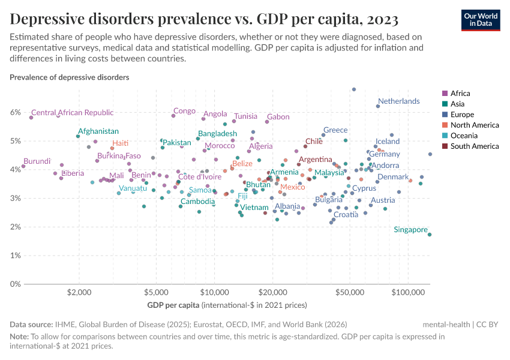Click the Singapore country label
click(x=411, y=230)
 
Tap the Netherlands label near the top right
click(x=398, y=101)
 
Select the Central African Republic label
click(x=72, y=113)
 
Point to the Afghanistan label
click(x=98, y=131)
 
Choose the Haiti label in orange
click(x=121, y=143)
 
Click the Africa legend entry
click(x=460, y=93)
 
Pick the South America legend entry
click(x=474, y=146)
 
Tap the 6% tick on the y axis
click(x=16, y=112)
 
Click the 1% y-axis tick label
click(x=16, y=256)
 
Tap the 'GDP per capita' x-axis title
click(x=174, y=305)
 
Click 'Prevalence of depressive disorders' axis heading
click(x=69, y=77)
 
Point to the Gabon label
click(x=278, y=117)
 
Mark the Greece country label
click(x=335, y=130)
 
